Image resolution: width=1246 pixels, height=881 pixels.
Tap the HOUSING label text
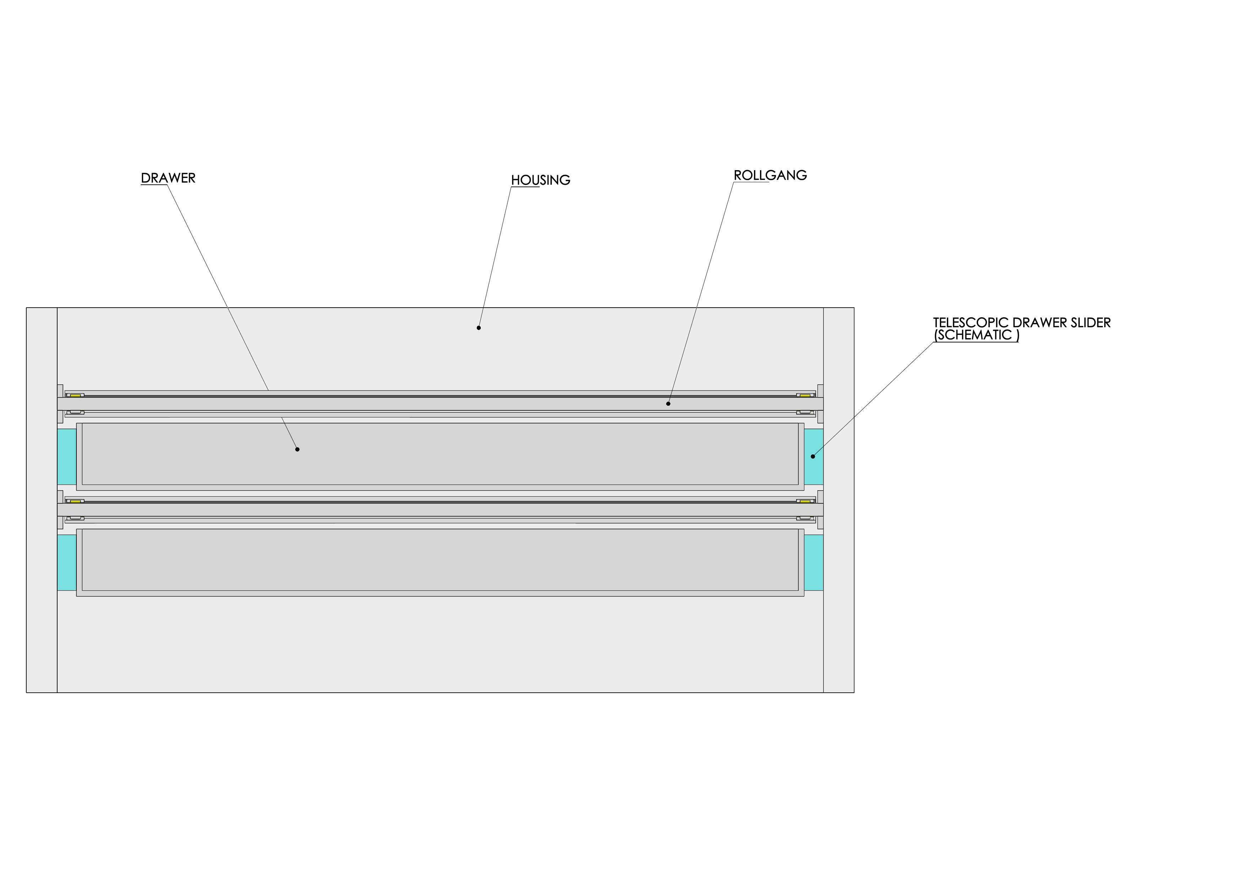point(540,180)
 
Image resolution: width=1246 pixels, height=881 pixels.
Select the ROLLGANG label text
point(770,175)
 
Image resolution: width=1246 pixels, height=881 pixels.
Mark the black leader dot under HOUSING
point(479,328)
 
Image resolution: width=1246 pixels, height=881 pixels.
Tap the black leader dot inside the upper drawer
point(297,449)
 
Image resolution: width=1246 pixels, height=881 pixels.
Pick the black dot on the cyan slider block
point(813,456)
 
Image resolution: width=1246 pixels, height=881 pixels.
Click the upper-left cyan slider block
point(67,457)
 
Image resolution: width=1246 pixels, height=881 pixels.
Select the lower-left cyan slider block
point(67,563)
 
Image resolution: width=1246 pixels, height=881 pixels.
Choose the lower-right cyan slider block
point(814,563)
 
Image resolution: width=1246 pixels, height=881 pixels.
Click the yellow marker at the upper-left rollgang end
point(75,395)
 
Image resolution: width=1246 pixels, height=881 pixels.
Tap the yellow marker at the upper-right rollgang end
point(805,395)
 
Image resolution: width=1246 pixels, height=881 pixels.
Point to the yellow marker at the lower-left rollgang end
point(75,501)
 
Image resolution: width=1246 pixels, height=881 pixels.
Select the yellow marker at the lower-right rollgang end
point(805,501)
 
